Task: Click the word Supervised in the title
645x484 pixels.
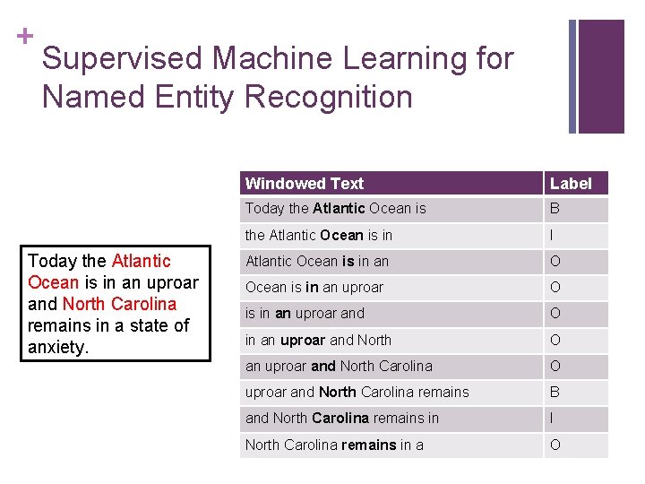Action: pyautogui.click(x=123, y=59)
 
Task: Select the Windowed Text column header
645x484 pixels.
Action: pyautogui.click(x=305, y=184)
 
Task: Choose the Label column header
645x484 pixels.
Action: pyautogui.click(x=571, y=184)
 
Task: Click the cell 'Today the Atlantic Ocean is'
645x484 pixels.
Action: pyautogui.click(x=335, y=209)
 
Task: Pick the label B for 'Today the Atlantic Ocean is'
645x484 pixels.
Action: pyautogui.click(x=555, y=209)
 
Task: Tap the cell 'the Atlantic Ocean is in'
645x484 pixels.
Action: pyautogui.click(x=318, y=235)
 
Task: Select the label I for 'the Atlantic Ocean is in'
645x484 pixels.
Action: pyautogui.click(x=553, y=235)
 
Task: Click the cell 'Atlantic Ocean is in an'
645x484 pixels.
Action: pyautogui.click(x=316, y=262)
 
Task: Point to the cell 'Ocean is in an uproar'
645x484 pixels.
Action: pyautogui.click(x=314, y=288)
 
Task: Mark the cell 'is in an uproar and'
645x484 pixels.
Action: pyautogui.click(x=305, y=314)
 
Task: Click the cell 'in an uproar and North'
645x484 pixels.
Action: pyautogui.click(x=318, y=340)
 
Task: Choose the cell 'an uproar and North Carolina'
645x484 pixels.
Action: pyautogui.click(x=339, y=366)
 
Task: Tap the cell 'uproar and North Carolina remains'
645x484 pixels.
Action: pyautogui.click(x=357, y=392)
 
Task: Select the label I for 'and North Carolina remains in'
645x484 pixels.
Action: pyautogui.click(x=553, y=418)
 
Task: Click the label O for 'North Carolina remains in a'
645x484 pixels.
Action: pyautogui.click(x=555, y=445)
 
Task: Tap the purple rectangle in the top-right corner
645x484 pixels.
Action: pyautogui.click(x=601, y=76)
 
